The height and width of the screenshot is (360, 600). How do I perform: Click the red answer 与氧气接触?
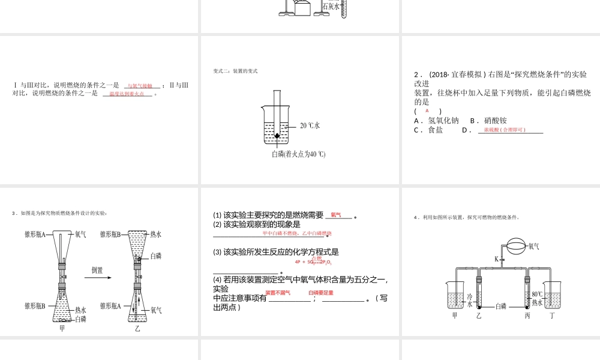[x=140, y=86]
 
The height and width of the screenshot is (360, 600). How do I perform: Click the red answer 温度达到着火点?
[x=127, y=94]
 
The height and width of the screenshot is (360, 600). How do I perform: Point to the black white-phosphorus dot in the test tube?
[x=277, y=136]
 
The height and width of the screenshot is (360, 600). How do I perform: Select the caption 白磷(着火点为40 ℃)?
[x=298, y=154]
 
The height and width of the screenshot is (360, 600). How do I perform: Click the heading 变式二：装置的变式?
[x=235, y=71]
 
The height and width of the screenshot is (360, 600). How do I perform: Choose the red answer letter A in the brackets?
[x=427, y=111]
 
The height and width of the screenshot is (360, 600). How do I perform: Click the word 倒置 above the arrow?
[x=98, y=269]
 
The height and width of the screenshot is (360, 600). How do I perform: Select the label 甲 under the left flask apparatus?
[x=62, y=328]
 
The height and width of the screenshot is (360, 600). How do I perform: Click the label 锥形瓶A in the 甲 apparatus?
[x=35, y=234]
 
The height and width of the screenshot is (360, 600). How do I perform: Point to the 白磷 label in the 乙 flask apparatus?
[x=155, y=256]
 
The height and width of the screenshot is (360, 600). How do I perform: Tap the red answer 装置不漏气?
[x=278, y=293]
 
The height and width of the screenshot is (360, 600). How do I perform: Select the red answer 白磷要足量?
[x=321, y=293]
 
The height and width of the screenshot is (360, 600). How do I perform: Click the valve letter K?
[x=497, y=259]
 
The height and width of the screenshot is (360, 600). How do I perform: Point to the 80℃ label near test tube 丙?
[x=537, y=294]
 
